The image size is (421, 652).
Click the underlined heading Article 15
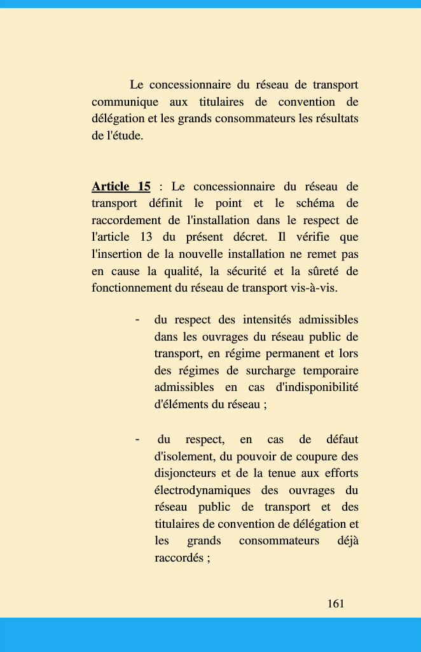point(121,187)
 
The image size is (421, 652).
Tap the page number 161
point(336,604)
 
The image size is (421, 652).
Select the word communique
point(124,102)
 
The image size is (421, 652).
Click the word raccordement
point(127,220)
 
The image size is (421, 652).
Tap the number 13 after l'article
point(145,237)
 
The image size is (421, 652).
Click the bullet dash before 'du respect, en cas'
point(137,439)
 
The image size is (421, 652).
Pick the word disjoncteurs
point(185,474)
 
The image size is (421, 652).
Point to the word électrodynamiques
point(203,490)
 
